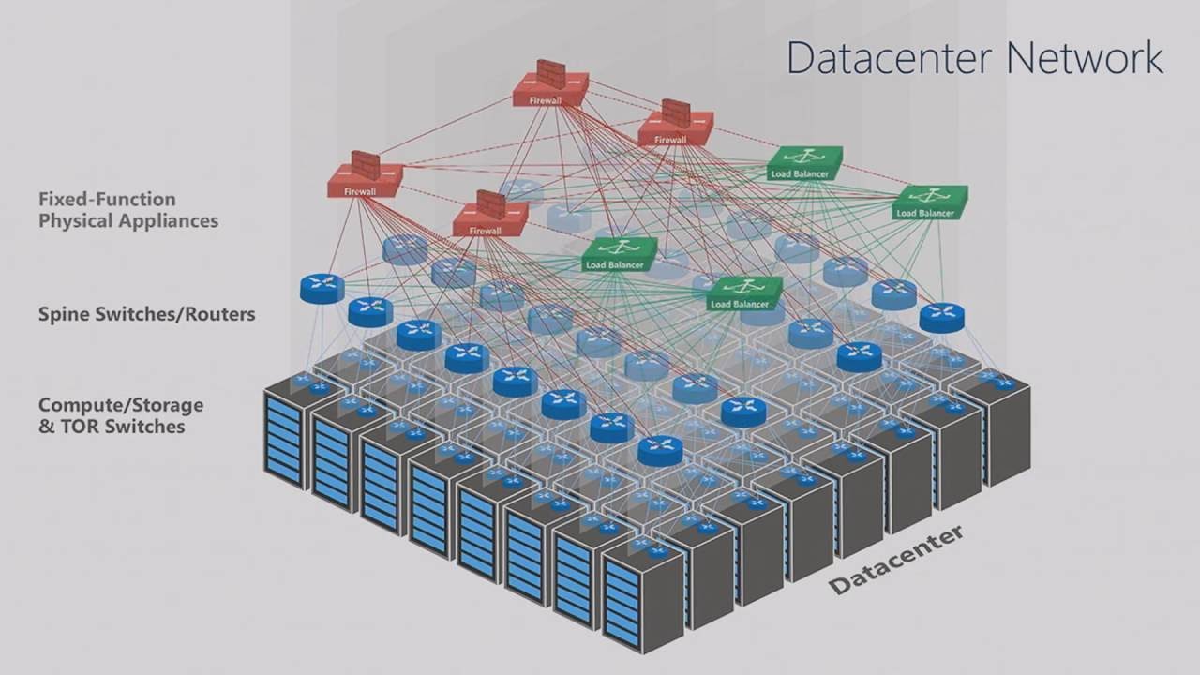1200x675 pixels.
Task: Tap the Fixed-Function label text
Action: (107, 199)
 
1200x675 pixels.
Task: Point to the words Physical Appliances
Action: (128, 221)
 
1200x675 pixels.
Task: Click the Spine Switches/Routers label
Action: (146, 314)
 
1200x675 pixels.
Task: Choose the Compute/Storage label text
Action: (121, 405)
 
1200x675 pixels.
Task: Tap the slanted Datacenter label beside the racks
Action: (895, 560)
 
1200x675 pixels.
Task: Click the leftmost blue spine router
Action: (322, 288)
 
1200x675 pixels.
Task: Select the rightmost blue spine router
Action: (941, 317)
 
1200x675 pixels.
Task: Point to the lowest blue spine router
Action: (661, 451)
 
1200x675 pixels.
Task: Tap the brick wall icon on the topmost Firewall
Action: (551, 71)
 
